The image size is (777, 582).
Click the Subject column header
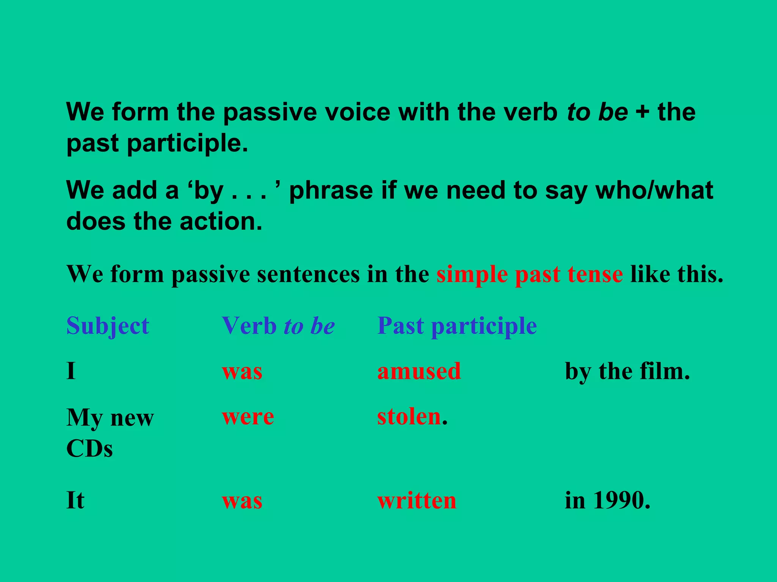pos(108,326)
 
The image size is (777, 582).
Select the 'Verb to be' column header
pos(278,326)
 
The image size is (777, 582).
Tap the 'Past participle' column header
pos(457,326)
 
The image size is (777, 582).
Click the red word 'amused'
pos(419,371)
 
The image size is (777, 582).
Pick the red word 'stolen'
pos(409,416)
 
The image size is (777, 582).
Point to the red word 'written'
pos(417,501)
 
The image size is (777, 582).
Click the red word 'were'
pos(248,417)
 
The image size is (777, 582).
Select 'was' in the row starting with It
pos(242,501)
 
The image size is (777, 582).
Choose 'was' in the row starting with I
pos(242,371)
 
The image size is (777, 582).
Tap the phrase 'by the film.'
pos(627,371)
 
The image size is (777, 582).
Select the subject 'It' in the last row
pos(75,501)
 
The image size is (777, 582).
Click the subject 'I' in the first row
pos(71,371)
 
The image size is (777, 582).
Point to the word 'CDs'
pos(90,449)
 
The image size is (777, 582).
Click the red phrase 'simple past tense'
pos(529,274)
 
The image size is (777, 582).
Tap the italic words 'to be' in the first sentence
pos(597,112)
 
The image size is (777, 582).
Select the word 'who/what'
pos(654,190)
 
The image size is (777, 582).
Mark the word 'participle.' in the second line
pos(187,144)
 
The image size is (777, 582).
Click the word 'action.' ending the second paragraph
pos(221,221)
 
